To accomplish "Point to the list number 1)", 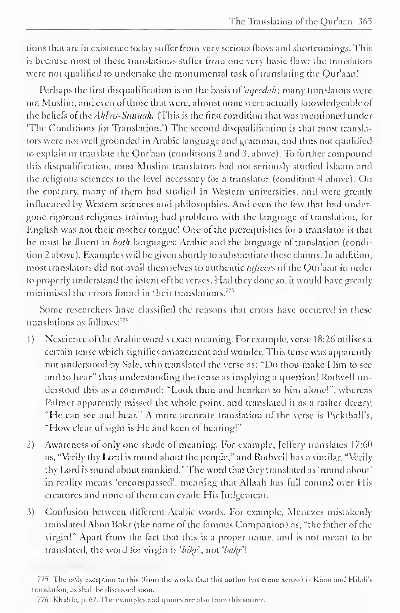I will click(31, 340).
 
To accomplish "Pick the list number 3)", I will click(31, 512).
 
